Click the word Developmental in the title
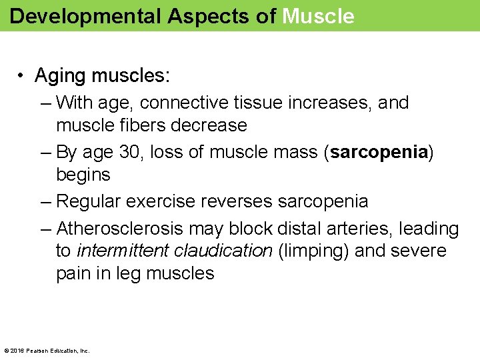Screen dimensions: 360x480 click(85, 16)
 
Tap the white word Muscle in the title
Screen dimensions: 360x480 click(318, 16)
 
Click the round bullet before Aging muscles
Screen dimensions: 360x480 click(22, 76)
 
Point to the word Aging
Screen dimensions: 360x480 click(61, 76)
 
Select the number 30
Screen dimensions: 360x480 click(133, 152)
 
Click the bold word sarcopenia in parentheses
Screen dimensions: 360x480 click(378, 152)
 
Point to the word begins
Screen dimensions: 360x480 click(83, 175)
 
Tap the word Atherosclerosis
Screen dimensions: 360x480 click(120, 229)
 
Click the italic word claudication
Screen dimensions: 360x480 click(223, 251)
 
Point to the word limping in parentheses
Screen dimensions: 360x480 click(313, 251)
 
